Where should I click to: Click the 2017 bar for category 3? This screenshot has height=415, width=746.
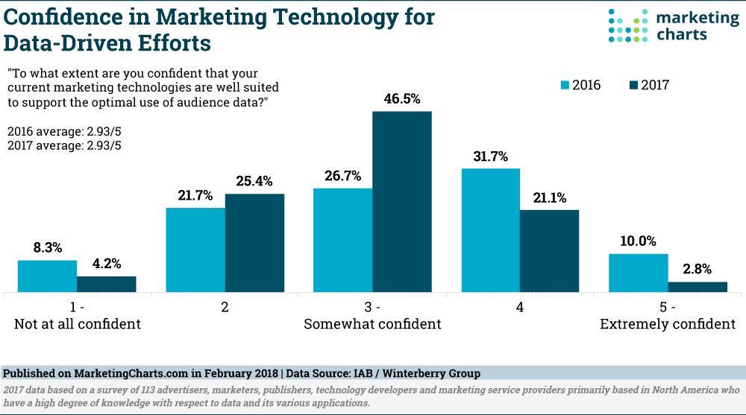(x=402, y=202)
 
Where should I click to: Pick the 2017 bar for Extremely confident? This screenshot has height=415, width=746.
(x=698, y=287)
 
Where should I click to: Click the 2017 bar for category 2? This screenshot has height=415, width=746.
(x=254, y=243)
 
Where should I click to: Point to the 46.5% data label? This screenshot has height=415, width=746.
(x=402, y=98)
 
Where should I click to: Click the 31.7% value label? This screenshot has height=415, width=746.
(x=490, y=156)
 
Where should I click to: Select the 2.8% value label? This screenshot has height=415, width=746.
(x=698, y=269)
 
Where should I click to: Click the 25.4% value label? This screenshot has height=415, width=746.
(x=255, y=181)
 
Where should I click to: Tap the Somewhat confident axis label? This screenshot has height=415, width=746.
(x=372, y=324)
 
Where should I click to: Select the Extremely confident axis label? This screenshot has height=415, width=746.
(x=668, y=324)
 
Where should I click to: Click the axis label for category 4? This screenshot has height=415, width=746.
(x=520, y=307)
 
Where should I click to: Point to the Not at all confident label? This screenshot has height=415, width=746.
(x=78, y=324)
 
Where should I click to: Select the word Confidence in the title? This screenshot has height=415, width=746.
(x=61, y=16)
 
